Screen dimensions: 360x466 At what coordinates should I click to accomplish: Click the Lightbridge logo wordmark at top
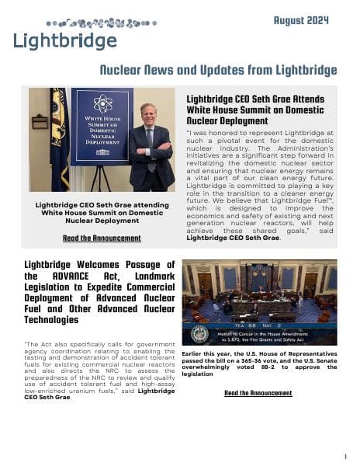[65, 40]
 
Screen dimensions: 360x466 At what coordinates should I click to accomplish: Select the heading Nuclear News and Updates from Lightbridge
[218, 71]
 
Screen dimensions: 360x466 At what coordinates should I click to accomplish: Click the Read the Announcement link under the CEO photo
[102, 238]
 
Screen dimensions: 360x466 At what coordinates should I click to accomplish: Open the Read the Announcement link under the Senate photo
[258, 393]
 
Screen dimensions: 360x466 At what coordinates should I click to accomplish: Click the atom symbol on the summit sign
[102, 103]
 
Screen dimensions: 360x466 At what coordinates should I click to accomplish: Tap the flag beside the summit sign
[59, 132]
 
